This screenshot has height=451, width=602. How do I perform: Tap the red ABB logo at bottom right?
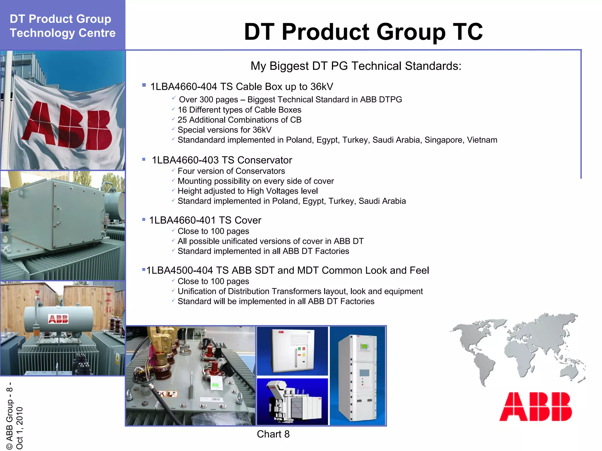pyautogui.click(x=536, y=406)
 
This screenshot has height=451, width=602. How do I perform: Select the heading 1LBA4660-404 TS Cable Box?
pyautogui.click(x=242, y=87)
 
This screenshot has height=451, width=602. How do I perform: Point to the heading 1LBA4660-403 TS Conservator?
pyautogui.click(x=222, y=160)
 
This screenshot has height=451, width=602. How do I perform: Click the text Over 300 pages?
pyautogui.click(x=208, y=100)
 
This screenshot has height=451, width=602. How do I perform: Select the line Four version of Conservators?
pyautogui.click(x=231, y=171)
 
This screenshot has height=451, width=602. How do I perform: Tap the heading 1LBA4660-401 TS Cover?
pyautogui.click(x=205, y=220)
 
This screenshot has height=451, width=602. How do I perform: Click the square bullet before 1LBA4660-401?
pyautogui.click(x=144, y=219)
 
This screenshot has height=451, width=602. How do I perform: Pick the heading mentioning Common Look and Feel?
pyautogui.click(x=288, y=270)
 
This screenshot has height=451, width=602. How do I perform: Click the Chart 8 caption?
pyautogui.click(x=273, y=434)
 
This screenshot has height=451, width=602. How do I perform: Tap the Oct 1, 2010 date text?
pyautogui.click(x=19, y=428)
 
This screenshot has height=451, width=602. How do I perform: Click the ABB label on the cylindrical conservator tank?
pyautogui.click(x=58, y=319)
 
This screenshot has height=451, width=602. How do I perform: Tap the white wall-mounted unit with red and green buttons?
pyautogui.click(x=292, y=351)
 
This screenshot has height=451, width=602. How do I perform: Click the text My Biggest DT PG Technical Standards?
pyautogui.click(x=356, y=66)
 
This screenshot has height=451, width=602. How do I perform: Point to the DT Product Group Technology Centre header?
pyautogui.click(x=63, y=26)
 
